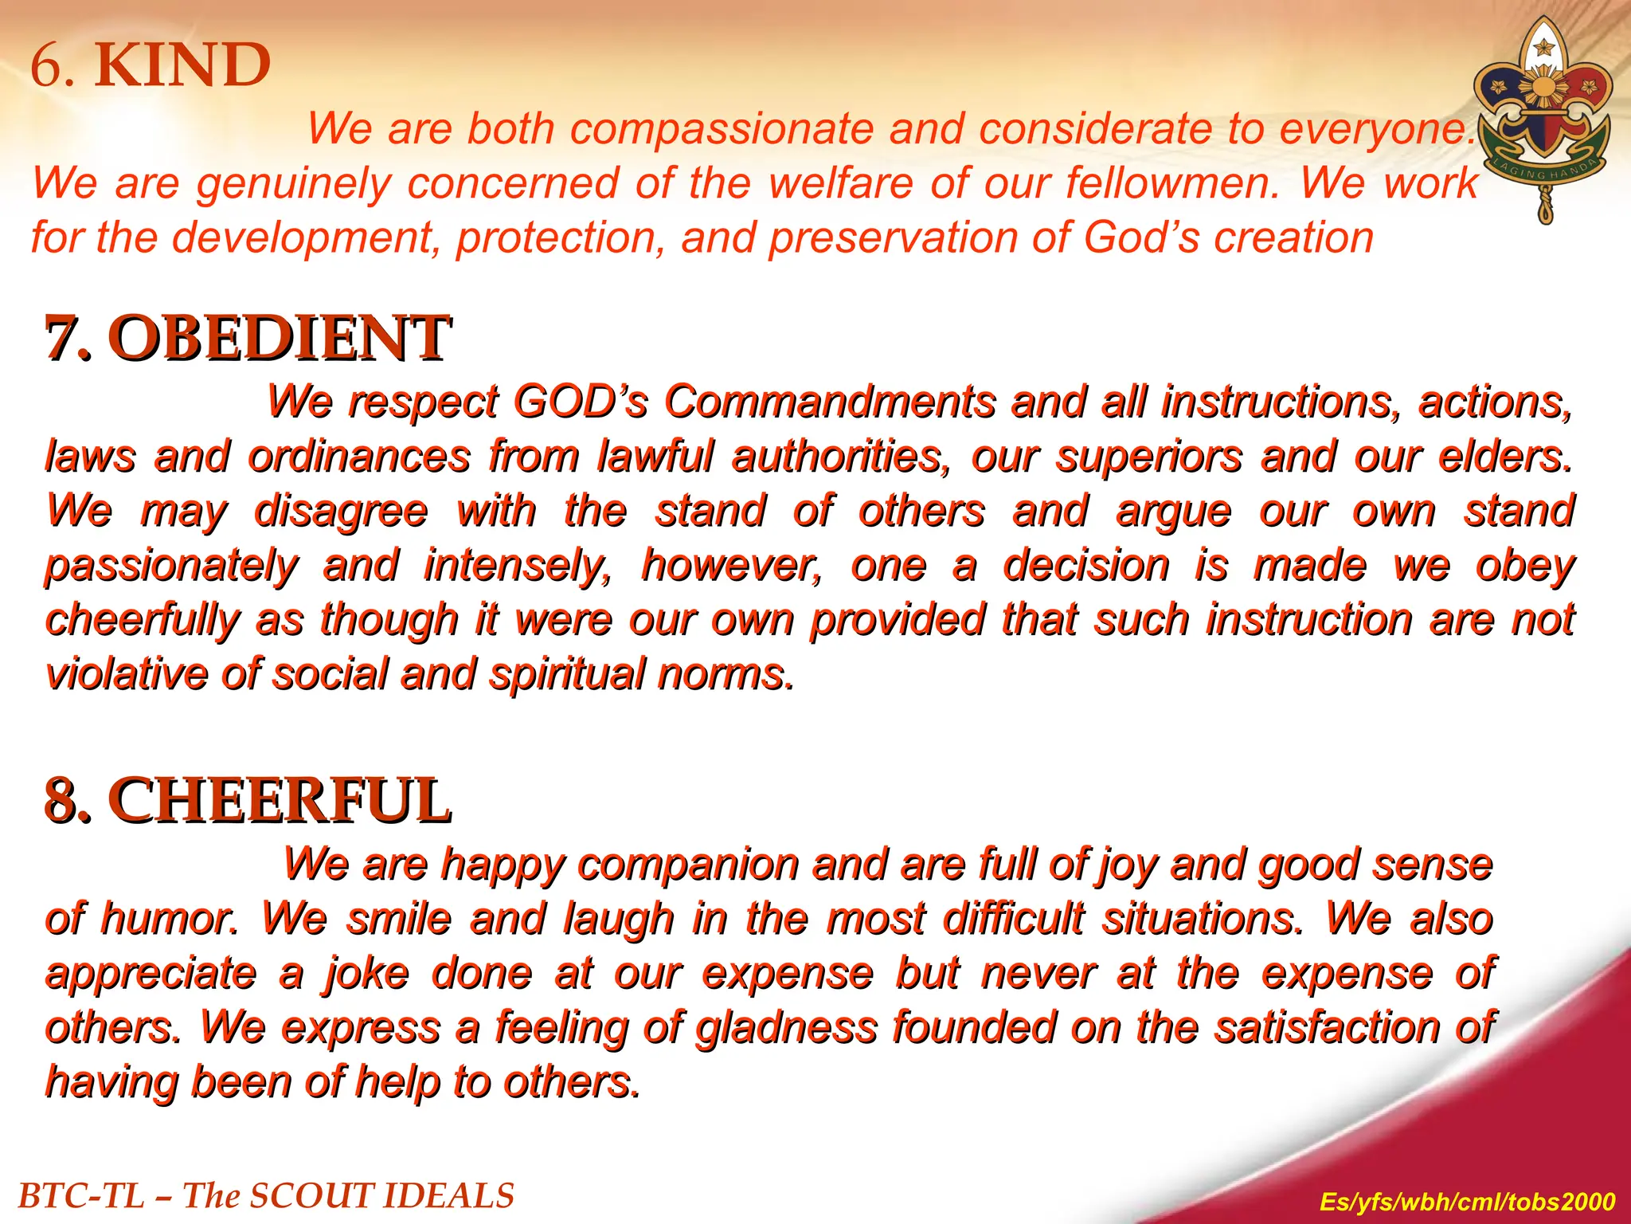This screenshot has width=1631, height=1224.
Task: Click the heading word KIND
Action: tap(183, 65)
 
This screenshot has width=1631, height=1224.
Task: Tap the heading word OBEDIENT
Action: tap(279, 338)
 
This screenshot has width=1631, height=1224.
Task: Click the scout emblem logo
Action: tap(1543, 120)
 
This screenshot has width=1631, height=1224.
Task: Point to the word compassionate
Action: tap(722, 128)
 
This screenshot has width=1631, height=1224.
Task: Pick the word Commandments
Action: tap(829, 401)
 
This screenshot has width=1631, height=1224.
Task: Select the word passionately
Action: tap(171, 567)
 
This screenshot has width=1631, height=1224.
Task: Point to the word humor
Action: tap(169, 919)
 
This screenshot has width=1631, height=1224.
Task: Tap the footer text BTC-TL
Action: tap(80, 1196)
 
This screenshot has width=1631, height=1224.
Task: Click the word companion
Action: tap(688, 864)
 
